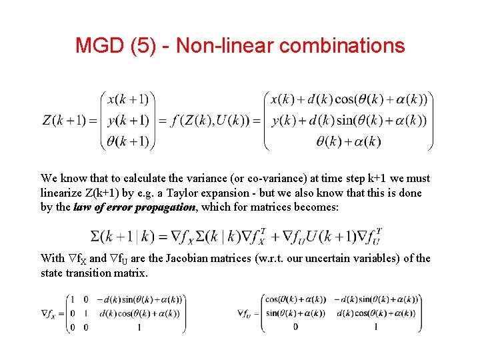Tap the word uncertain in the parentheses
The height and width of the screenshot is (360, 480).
click(336, 258)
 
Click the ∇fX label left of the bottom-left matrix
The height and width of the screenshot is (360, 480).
click(49, 313)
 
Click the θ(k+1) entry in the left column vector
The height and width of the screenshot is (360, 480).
click(129, 141)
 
